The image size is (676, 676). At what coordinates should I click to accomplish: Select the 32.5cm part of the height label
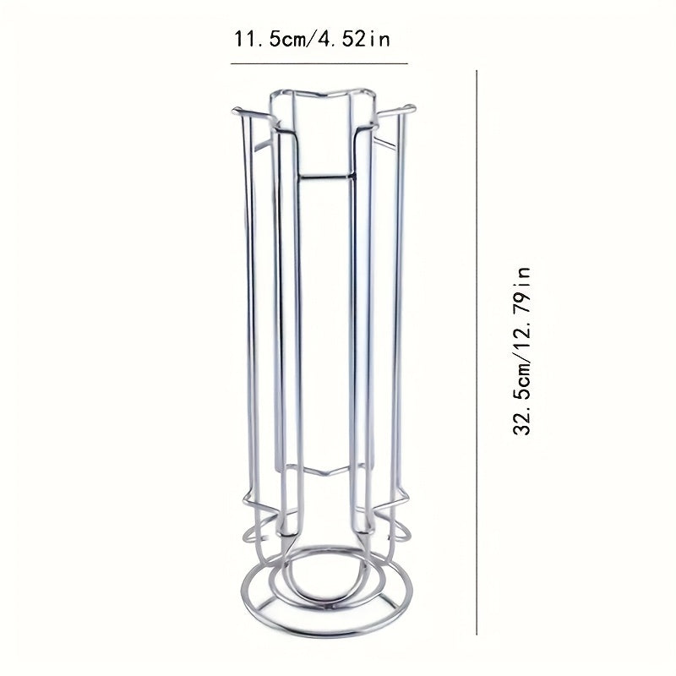522,401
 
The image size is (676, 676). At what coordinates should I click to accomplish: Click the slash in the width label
315,39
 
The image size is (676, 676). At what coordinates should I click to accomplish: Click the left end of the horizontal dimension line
232,63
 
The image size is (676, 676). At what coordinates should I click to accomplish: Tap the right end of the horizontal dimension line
407,63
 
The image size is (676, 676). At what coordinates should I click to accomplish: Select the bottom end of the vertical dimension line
478,633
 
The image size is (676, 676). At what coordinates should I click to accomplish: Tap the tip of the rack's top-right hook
414,107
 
